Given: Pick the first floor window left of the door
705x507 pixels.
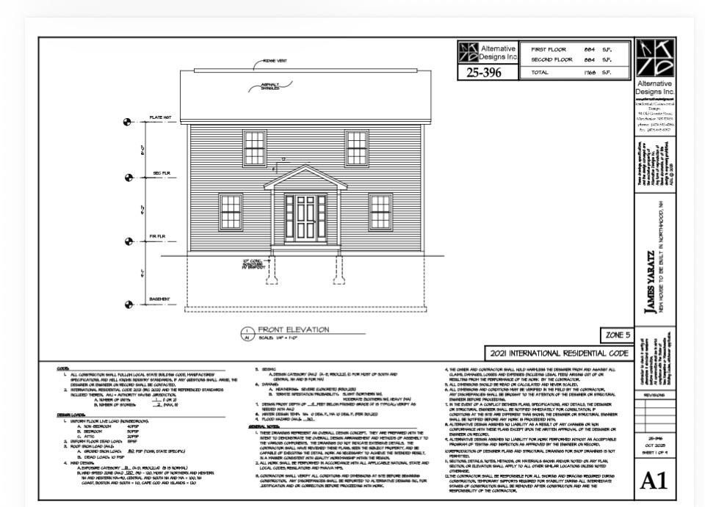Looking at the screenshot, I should [x=230, y=211].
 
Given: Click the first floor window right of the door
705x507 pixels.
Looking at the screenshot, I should [x=380, y=211].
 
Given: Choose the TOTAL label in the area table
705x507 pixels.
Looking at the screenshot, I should [x=532, y=73].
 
